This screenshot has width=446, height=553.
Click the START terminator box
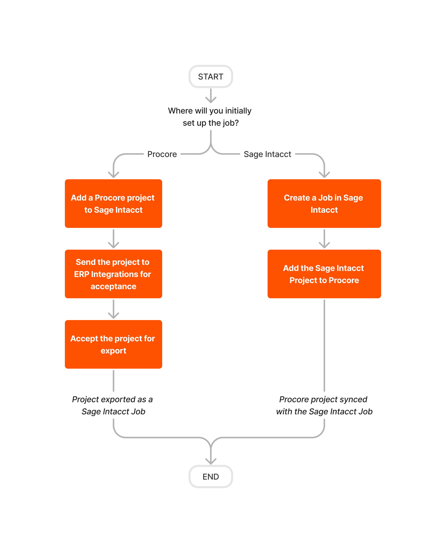(211, 76)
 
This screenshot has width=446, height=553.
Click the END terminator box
(211, 477)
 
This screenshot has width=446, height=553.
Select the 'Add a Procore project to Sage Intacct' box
(113, 203)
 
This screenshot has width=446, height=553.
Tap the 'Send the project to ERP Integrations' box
(113, 274)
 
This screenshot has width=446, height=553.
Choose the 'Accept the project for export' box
(113, 344)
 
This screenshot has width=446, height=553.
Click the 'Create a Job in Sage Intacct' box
(324, 203)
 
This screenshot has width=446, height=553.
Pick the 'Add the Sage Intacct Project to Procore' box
(324, 274)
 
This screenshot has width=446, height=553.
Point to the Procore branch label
(162, 154)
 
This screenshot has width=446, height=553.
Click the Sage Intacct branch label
(267, 154)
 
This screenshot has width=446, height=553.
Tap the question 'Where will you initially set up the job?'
(210, 116)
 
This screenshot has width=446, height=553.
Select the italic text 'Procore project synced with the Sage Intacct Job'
(324, 405)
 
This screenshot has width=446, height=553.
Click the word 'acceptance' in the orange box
(113, 286)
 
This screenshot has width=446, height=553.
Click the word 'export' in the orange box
(113, 350)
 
